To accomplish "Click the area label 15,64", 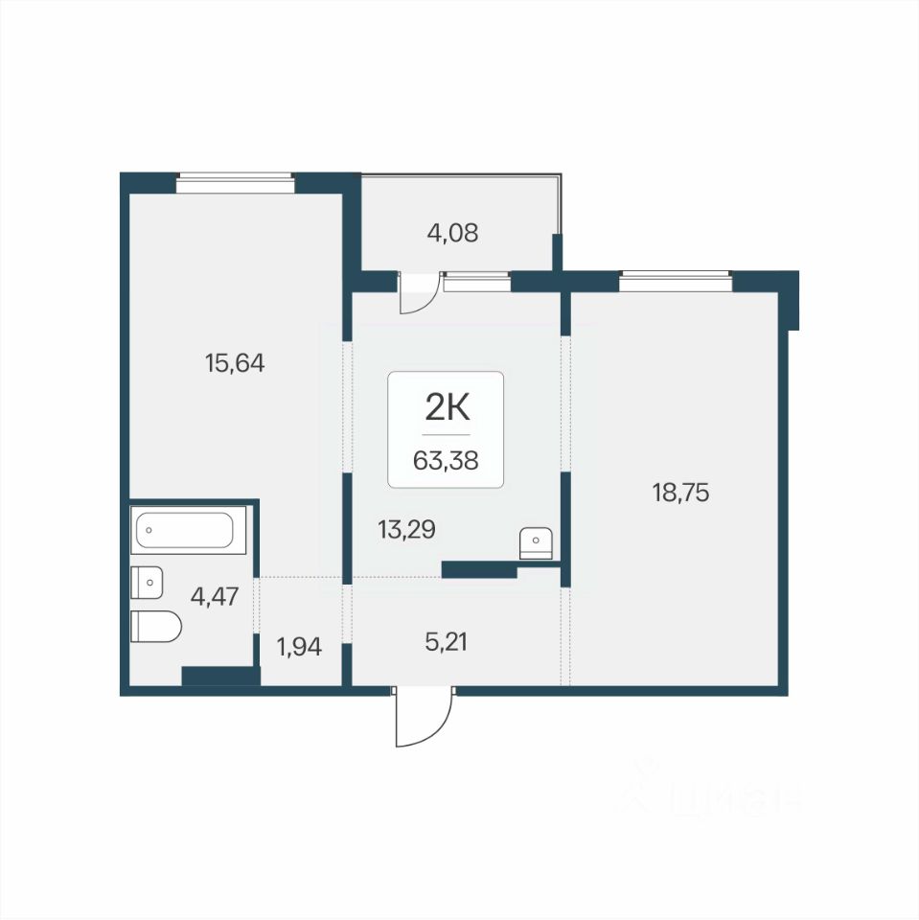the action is click(x=235, y=363).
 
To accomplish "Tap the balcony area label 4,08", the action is click(x=452, y=233).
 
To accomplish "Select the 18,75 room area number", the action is click(x=680, y=493).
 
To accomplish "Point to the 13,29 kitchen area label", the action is click(x=406, y=530).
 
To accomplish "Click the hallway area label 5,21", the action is click(x=446, y=642).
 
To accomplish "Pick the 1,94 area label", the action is click(x=299, y=647).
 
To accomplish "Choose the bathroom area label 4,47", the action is click(x=215, y=597).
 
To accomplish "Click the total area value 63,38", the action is click(x=446, y=461).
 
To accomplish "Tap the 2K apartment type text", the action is click(x=448, y=408).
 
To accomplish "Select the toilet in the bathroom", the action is click(x=156, y=626).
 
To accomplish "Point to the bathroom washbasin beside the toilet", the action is click(x=147, y=583).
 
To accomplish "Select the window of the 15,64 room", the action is click(x=235, y=182).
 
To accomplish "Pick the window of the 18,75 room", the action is click(x=676, y=281).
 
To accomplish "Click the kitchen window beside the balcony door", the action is click(x=477, y=282).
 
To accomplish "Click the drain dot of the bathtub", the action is click(x=149, y=530).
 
